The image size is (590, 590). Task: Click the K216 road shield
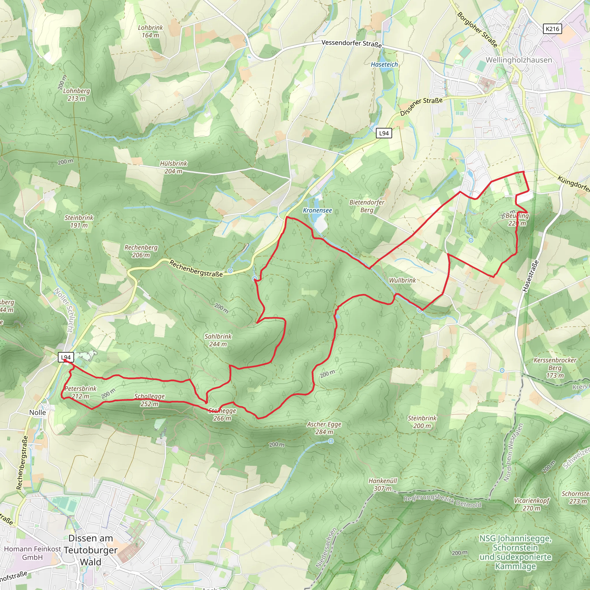[553, 29]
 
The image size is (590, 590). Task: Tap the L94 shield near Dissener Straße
[383, 133]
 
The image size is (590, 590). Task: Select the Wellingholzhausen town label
[519, 60]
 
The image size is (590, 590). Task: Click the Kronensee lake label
[317, 210]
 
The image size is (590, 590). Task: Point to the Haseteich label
[384, 65]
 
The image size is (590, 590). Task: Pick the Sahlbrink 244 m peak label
[218, 340]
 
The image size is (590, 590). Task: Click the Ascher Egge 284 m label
[324, 428]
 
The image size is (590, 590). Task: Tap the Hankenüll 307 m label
[383, 484]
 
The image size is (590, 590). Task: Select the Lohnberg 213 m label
[76, 95]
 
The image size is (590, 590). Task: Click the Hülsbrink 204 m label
[173, 167]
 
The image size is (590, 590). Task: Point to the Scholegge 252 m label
[149, 400]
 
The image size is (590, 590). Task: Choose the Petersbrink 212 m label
[80, 392]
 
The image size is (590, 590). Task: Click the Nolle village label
[37, 413]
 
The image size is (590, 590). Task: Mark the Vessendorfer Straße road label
[351, 44]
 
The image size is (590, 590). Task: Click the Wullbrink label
[402, 280]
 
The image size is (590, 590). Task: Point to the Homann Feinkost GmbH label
[32, 553]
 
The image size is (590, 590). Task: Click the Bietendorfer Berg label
[366, 206]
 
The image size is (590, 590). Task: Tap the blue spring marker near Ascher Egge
[331, 441]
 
